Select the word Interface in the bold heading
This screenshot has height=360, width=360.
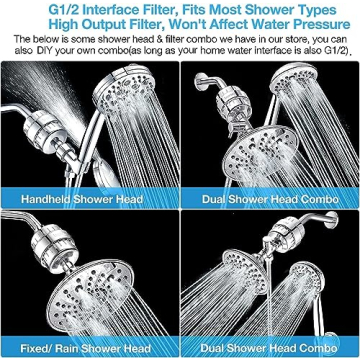[126, 9]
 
